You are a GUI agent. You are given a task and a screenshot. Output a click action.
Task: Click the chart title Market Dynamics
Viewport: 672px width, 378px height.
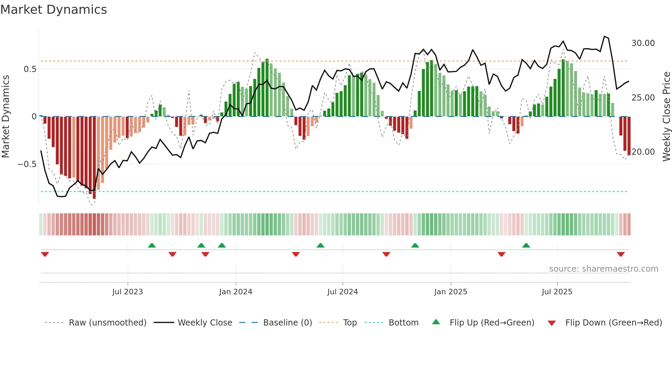tap(54, 10)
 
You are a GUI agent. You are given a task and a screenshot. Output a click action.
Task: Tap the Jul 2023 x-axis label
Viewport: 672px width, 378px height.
tap(128, 292)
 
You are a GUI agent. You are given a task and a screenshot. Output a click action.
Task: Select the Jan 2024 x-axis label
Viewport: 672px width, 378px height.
tap(236, 292)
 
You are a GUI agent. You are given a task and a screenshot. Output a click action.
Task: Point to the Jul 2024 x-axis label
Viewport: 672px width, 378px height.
tap(343, 292)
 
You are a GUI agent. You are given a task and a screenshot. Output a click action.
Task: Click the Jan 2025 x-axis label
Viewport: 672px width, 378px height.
tap(451, 292)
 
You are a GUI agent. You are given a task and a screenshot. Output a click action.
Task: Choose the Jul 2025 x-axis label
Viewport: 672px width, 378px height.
tap(557, 292)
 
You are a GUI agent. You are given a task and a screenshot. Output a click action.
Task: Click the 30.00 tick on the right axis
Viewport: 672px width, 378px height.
tap(643, 43)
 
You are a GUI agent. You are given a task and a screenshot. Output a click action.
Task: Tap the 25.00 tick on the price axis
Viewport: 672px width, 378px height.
tap(643, 98)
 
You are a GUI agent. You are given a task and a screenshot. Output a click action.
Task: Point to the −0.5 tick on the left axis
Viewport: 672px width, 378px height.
tap(27, 164)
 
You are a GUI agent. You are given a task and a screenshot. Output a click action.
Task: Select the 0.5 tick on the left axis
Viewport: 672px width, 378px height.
tap(30, 69)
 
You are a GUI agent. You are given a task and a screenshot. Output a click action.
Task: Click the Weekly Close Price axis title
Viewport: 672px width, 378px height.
tap(666, 116)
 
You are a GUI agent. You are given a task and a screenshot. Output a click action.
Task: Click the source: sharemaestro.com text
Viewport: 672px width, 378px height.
tap(603, 269)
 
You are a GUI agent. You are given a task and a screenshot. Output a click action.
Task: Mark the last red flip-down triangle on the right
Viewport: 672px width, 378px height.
tap(621, 254)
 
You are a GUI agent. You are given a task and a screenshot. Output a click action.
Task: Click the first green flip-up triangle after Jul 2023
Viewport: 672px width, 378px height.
tap(152, 245)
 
